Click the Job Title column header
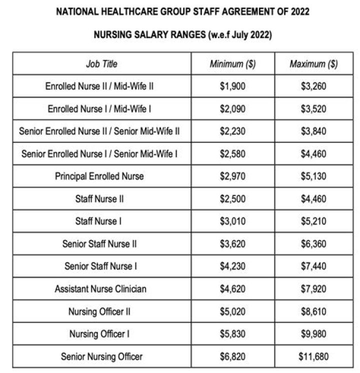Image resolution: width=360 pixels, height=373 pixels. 101,64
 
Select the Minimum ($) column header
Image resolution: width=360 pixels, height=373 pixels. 232,64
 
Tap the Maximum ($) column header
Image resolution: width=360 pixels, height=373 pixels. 313,64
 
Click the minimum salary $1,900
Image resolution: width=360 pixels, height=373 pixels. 232,86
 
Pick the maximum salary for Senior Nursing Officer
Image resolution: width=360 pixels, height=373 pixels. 313,356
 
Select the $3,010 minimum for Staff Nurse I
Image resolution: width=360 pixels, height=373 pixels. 232,221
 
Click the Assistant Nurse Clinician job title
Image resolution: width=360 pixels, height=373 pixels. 100,289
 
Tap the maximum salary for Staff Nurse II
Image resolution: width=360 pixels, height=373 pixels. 313,199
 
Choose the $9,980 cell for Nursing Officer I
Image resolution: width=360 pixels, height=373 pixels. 313,334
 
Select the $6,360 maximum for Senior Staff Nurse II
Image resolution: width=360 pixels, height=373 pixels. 313,244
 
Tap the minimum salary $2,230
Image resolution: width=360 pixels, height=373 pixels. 232,131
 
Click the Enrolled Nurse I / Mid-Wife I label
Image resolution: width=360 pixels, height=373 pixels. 99,109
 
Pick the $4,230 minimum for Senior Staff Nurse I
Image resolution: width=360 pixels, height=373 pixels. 232,266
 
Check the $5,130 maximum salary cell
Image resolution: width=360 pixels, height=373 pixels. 313,176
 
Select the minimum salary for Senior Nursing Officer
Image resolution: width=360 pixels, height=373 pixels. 232,356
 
